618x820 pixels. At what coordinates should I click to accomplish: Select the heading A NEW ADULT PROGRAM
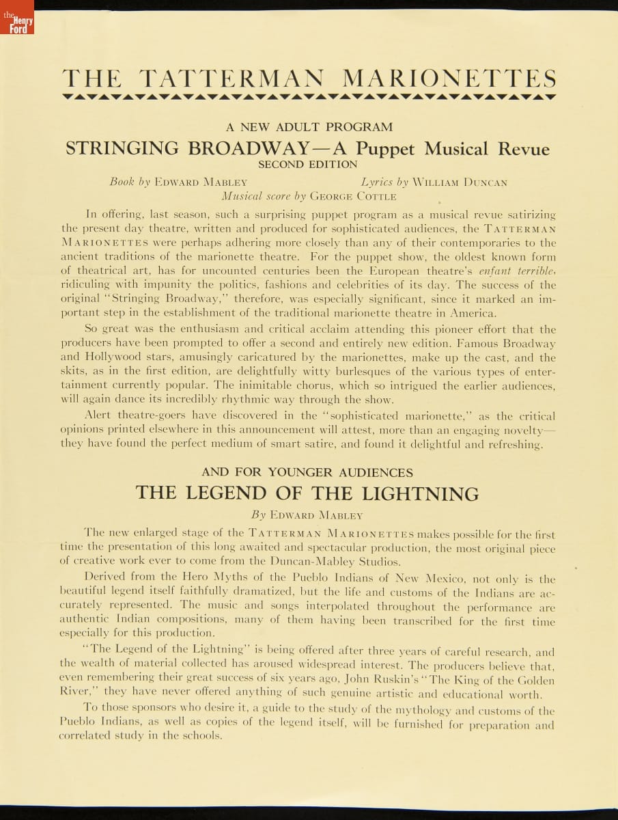tap(309, 127)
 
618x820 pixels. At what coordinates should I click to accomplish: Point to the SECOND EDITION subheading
tap(308, 165)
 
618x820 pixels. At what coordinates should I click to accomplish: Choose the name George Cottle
tap(353, 196)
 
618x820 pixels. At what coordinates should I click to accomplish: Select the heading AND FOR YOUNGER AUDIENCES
tap(307, 472)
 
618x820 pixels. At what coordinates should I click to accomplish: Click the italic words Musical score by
tap(264, 196)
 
